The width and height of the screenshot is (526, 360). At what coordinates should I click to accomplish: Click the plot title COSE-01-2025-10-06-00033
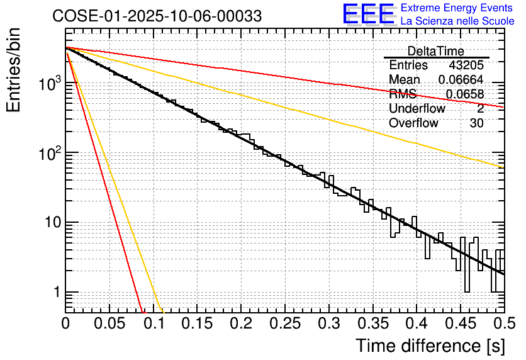coord(157,16)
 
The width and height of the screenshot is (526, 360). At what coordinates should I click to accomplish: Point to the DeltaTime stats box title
coord(436,51)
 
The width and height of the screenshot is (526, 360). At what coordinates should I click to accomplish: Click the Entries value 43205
coord(466,65)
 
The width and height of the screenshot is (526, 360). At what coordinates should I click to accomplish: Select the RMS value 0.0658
coord(465,94)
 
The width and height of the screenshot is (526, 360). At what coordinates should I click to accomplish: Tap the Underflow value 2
coord(480,109)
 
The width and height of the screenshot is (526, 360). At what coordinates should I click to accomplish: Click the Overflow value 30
coord(476,123)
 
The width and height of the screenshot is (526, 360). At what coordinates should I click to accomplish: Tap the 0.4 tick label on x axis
coord(417,324)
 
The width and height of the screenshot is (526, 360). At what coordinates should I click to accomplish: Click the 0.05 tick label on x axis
coord(109,324)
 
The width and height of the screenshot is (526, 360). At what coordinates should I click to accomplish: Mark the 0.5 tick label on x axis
coord(503,324)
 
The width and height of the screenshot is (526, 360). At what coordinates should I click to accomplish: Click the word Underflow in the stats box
coord(417,109)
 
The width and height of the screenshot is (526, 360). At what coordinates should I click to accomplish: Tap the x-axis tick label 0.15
coord(197,324)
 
